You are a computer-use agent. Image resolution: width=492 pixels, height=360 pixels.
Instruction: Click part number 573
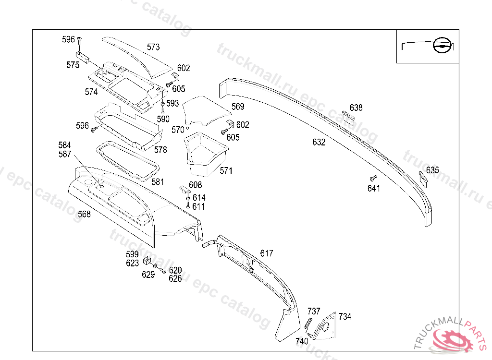[153, 47]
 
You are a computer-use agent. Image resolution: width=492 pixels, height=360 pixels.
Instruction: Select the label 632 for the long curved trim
[319, 142]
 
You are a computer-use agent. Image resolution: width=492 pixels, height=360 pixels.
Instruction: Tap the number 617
[267, 253]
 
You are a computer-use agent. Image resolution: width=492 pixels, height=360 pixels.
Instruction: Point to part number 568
[84, 214]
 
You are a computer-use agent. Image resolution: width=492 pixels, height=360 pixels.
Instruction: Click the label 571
[226, 170]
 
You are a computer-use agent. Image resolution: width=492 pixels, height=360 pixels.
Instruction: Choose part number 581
[158, 182]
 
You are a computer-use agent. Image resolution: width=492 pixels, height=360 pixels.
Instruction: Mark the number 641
[374, 189]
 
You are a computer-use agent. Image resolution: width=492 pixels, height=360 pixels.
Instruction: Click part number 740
[302, 341]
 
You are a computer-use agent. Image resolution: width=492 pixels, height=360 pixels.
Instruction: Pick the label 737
[314, 311]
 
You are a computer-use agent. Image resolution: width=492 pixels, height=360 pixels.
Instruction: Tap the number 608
[196, 185]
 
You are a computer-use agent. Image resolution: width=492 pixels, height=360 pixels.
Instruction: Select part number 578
[160, 150]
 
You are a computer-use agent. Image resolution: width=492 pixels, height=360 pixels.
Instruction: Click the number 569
[238, 107]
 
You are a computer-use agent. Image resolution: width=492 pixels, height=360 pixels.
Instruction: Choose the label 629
[148, 275]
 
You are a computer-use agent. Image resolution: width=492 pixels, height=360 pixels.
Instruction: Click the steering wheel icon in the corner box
[441, 46]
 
